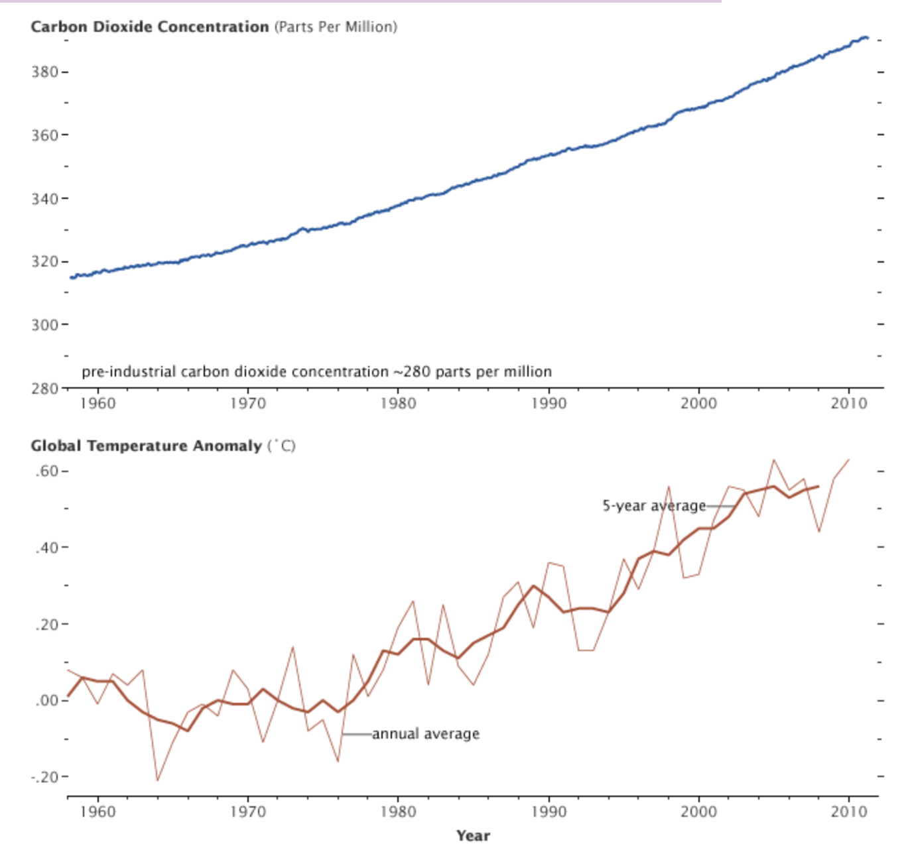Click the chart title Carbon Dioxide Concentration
pos(149,27)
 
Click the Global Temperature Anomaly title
pos(146,446)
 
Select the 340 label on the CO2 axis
pos(44,198)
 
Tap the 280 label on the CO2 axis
pos(44,388)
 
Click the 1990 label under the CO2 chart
pos(549,404)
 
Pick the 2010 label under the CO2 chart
pos(848,404)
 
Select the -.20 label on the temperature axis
pos(46,776)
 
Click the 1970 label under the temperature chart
pos(248,812)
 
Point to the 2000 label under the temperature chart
pos(698,812)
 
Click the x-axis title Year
pos(473,835)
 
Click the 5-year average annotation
pos(654,506)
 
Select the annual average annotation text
pos(425,734)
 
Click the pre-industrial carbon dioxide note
pos(316,372)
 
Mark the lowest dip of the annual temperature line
pos(158,780)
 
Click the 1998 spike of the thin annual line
pos(669,487)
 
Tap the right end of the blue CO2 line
pos(867,38)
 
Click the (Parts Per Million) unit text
pos(336,27)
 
